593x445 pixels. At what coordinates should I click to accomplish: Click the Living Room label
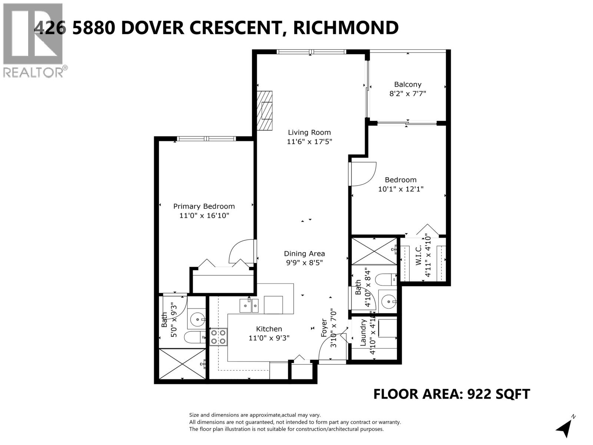pos(309,132)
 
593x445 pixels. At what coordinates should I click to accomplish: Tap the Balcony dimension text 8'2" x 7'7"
pos(407,94)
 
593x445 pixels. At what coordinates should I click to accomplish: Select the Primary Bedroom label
pos(204,207)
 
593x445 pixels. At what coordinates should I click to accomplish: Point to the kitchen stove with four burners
pos(218,337)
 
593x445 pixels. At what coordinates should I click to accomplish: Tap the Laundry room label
pos(363,333)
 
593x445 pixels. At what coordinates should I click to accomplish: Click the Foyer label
pos(324,328)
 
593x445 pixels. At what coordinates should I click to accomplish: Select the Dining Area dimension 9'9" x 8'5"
pos(304,263)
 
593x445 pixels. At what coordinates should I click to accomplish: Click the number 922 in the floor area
pos(480,394)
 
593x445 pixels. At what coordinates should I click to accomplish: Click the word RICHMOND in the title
pos(346,28)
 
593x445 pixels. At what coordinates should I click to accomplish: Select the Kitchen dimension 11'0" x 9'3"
pos(269,338)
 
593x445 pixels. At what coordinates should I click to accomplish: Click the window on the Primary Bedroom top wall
pos(206,139)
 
